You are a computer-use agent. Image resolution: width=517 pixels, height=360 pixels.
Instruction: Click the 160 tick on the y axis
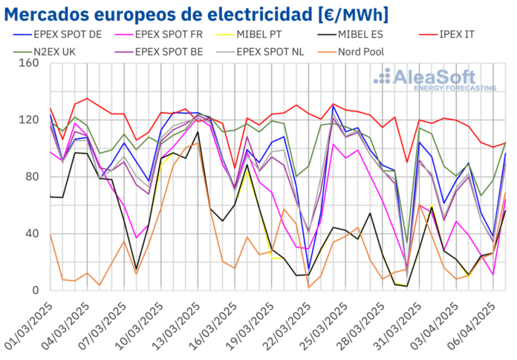(27, 63)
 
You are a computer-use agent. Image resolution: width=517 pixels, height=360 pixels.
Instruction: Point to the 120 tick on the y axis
(27, 120)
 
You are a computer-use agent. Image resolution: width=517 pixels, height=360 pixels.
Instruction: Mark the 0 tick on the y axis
(33, 290)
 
